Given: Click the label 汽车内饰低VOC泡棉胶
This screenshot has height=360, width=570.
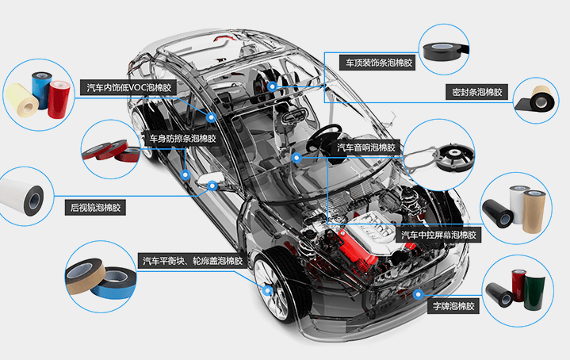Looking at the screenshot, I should (128, 87).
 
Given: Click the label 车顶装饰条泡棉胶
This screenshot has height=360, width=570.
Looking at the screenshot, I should (378, 61).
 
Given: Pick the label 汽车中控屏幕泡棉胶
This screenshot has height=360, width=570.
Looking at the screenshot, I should (439, 236).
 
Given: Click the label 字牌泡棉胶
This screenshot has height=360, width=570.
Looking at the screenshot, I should (453, 305).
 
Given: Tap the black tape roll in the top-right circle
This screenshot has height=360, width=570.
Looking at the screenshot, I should (444, 48).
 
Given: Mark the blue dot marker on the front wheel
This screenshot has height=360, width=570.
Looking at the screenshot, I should (268, 290).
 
